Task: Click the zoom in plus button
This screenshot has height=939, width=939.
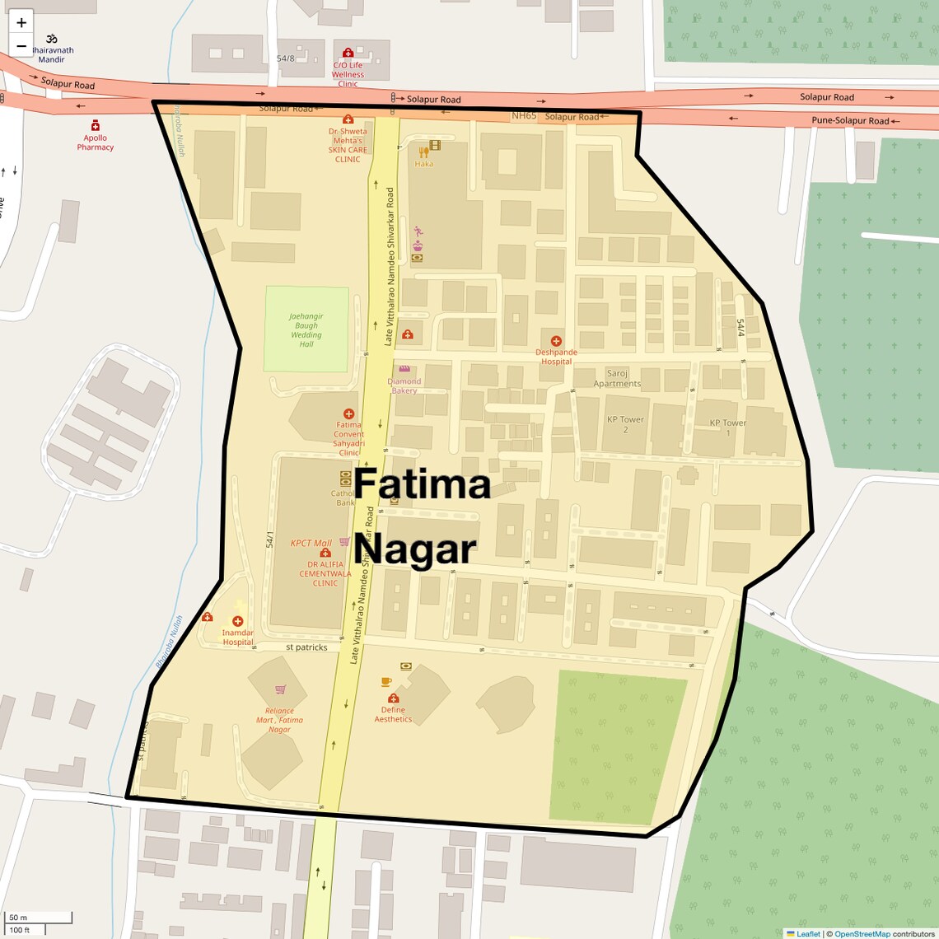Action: pos(21,22)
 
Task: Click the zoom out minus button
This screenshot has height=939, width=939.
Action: pos(21,46)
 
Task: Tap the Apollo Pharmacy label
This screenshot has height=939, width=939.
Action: pos(96,142)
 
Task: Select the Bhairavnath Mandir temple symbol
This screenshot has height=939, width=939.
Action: pos(51,39)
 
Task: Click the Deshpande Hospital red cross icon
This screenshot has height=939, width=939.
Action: pos(556,341)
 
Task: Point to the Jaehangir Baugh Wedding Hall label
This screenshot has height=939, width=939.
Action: pos(306,330)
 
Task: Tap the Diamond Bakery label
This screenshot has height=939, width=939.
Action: pos(404,385)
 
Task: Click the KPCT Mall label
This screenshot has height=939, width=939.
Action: pos(311,543)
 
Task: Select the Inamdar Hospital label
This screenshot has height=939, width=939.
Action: pos(238,637)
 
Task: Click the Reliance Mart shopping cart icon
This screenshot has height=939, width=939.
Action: pos(280,689)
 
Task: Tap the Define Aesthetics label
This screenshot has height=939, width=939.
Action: pos(393,714)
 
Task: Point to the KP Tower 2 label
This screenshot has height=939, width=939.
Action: pos(625,424)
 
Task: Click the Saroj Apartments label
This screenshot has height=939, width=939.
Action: pos(617,378)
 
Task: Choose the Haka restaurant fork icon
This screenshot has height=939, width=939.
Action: pos(424,152)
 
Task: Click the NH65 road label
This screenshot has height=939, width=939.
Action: pos(524,116)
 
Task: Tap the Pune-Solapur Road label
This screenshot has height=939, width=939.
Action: pos(850,120)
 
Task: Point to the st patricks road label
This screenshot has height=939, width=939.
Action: pos(306,647)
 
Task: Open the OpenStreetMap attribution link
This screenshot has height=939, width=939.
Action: pos(862,934)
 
